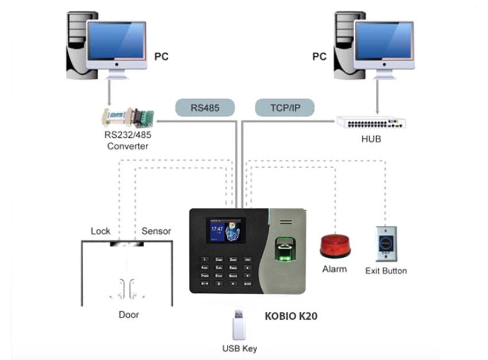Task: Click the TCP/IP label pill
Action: point(285,107)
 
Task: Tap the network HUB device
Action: point(371,122)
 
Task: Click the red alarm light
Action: point(335,245)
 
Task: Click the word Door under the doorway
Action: point(129,315)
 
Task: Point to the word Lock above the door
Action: point(100,231)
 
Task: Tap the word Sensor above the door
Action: point(156,231)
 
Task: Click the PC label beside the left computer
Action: point(162,57)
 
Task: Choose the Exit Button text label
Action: point(386,271)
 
